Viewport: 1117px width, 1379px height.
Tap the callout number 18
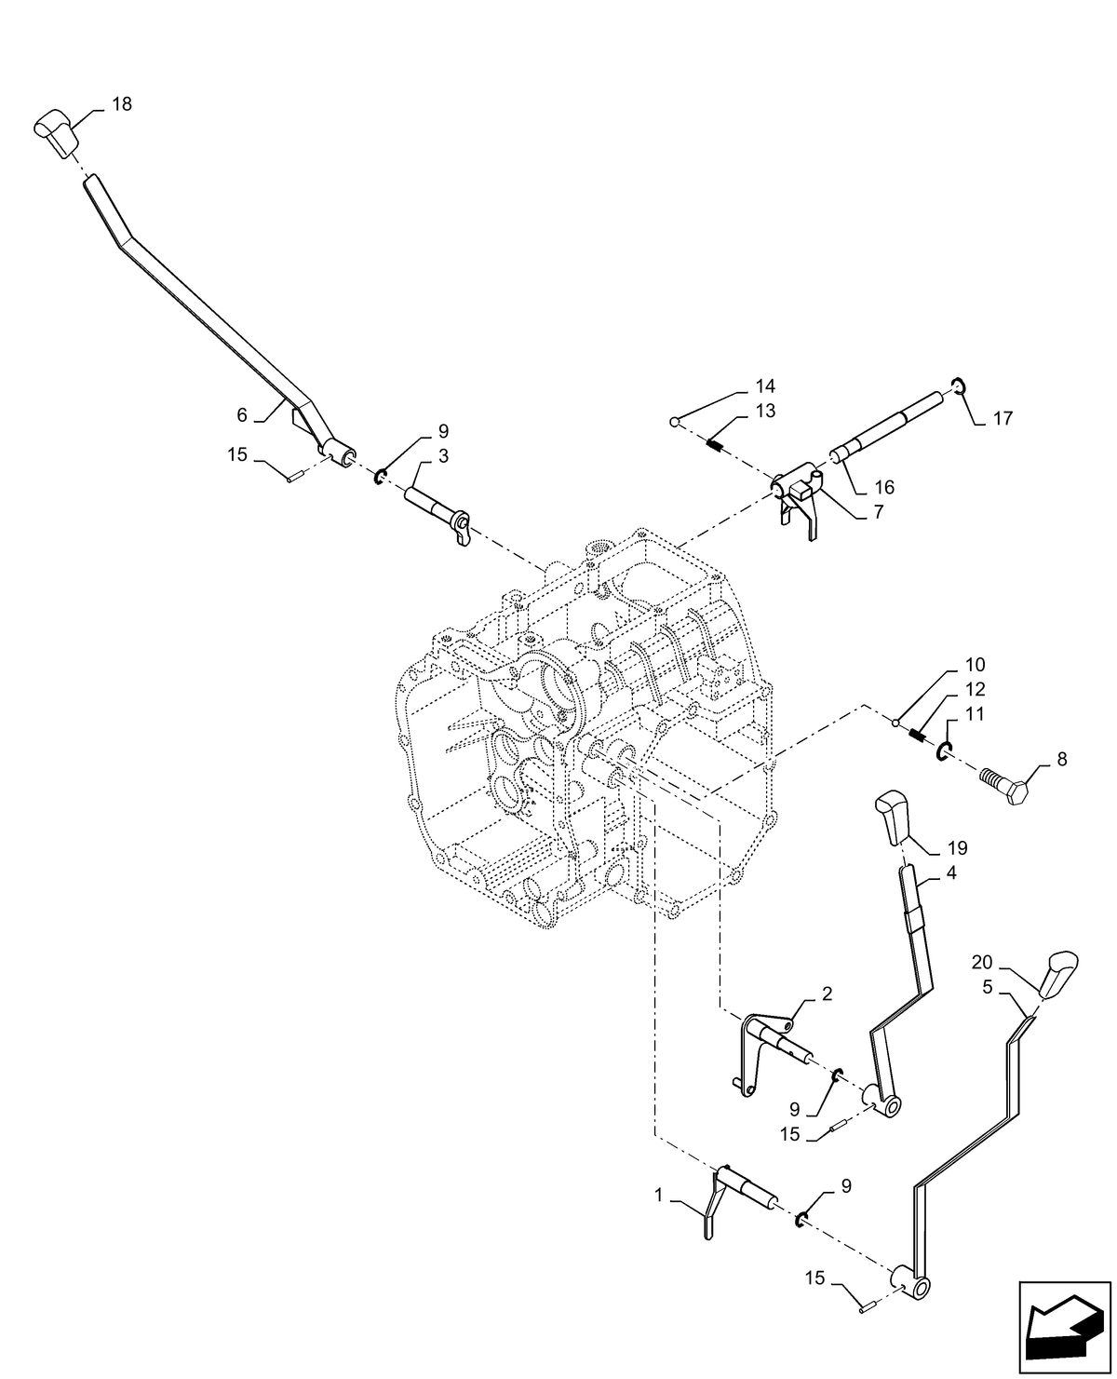[x=122, y=104]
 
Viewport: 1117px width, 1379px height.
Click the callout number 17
[x=1003, y=419]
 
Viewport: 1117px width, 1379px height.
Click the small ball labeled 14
[x=674, y=423]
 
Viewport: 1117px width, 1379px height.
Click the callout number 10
[x=975, y=665]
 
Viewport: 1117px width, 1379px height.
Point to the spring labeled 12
[x=917, y=735]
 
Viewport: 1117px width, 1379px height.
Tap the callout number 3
[x=444, y=456]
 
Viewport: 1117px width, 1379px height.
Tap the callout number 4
[x=950, y=873]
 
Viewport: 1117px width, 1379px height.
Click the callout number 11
[x=974, y=714]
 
